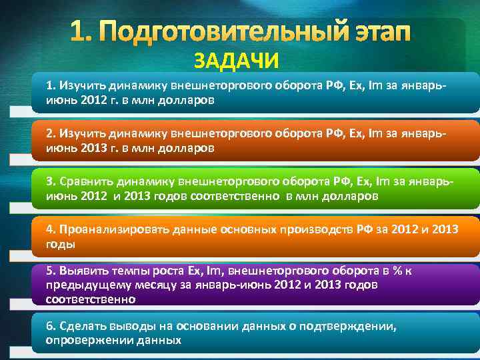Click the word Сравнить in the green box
coord(86,181)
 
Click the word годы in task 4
coord(60,244)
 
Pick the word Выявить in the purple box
coord(79,271)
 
